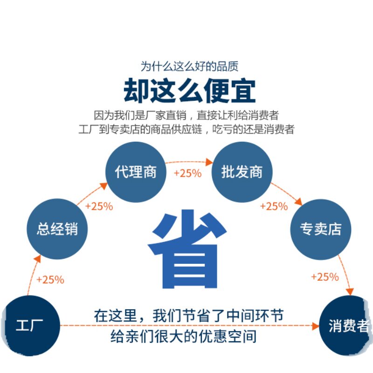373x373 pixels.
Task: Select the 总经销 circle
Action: (57, 229)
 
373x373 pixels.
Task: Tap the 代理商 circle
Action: (136, 172)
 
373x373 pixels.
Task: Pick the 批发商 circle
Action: (242, 172)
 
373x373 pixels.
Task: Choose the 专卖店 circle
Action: (320, 229)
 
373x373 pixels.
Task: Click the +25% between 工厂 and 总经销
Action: (50, 280)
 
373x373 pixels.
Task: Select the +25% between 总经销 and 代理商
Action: (99, 207)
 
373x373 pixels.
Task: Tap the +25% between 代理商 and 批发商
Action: (187, 173)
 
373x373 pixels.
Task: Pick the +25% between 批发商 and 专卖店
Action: (274, 206)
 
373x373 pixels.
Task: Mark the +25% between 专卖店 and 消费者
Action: (325, 277)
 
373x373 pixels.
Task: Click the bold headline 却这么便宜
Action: (189, 91)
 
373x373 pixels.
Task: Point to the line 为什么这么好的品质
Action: (190, 66)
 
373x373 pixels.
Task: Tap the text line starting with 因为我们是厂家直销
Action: (186, 115)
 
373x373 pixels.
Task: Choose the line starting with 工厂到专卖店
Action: (186, 129)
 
